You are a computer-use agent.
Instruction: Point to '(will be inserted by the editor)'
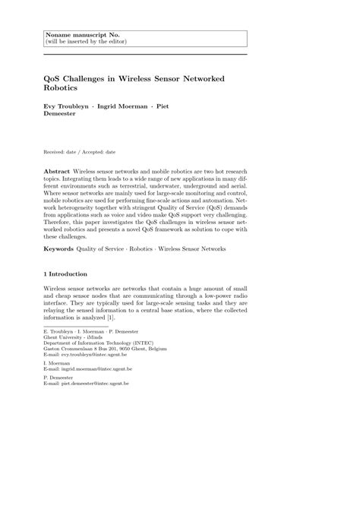pos(82,42)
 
